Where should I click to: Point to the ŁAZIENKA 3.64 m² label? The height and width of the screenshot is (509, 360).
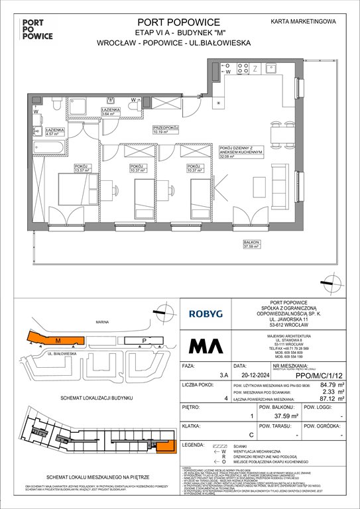pyautogui.click(x=110, y=112)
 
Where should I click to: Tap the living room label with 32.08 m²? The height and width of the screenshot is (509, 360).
pyautogui.click(x=247, y=154)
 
